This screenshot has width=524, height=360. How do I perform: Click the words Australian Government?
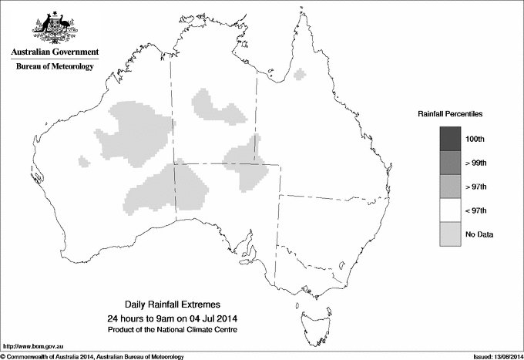(54, 52)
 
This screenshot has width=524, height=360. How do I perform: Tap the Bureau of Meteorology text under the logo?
(54, 67)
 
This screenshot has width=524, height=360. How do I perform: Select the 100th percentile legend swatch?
(450, 139)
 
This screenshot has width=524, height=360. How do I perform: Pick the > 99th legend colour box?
(450, 163)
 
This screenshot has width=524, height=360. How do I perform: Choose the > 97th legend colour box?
(450, 187)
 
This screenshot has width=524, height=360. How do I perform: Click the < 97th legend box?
(450, 210)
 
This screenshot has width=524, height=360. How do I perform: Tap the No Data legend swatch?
(450, 234)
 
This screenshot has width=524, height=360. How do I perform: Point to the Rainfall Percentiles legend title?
(450, 114)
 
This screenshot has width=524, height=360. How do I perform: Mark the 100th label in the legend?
(475, 139)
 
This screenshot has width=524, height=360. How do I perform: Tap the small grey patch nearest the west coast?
(82, 161)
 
